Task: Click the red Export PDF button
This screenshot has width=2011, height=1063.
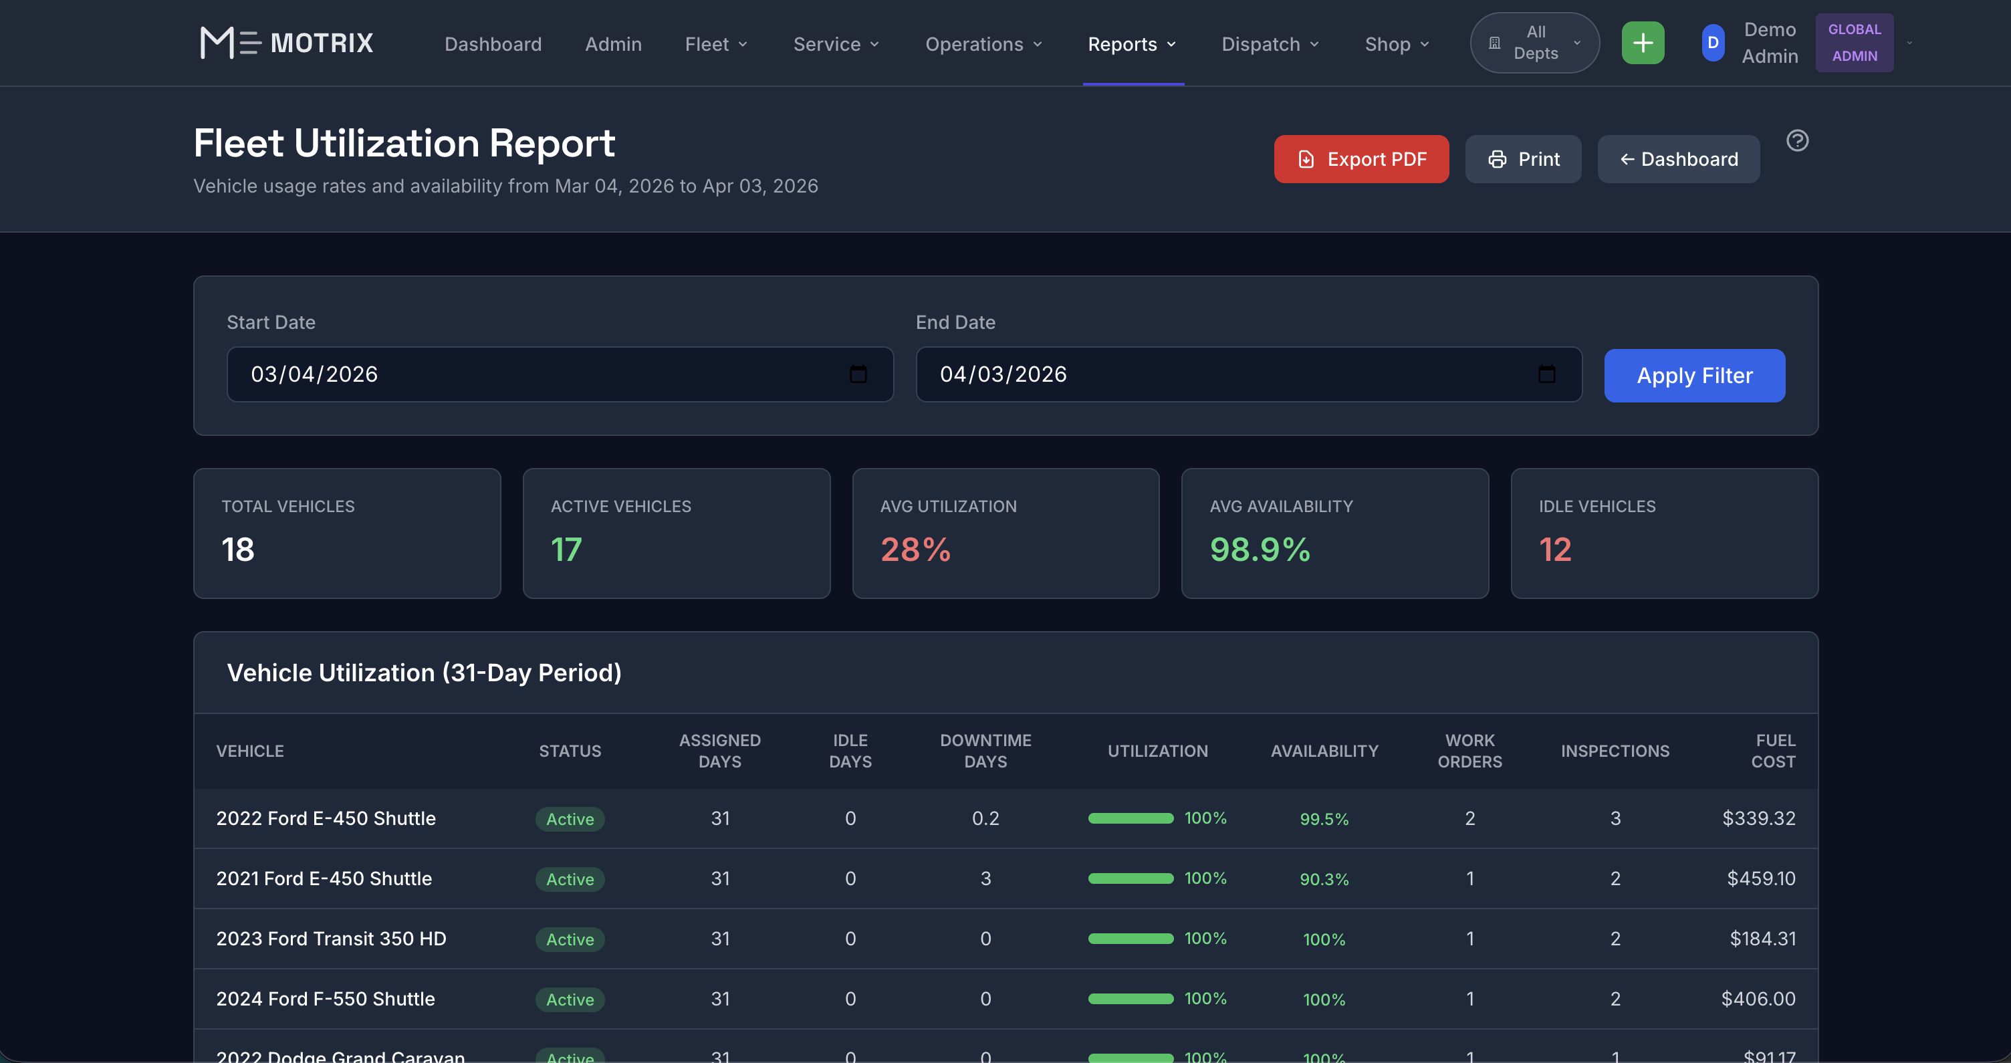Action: tap(1361, 159)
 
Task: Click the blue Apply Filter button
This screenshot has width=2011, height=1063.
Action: tap(1694, 376)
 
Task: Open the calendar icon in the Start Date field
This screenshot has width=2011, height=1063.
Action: tap(858, 374)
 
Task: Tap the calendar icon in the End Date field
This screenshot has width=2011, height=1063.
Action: tap(1546, 374)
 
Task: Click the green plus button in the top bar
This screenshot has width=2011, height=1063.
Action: tap(1643, 43)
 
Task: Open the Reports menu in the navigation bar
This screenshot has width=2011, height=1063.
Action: tap(1131, 45)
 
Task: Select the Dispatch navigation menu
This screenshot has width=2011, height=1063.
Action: tap(1270, 45)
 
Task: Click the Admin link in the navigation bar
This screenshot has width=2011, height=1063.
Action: tap(613, 45)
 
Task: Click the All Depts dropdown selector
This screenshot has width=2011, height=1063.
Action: tap(1534, 43)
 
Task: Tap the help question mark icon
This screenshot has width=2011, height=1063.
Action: tap(1797, 140)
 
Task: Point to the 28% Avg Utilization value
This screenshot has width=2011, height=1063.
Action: tap(915, 550)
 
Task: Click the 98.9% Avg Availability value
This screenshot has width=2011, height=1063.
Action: tap(1260, 550)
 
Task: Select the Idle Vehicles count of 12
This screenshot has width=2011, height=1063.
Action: tap(1554, 550)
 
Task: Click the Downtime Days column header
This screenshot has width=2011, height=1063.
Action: tap(985, 751)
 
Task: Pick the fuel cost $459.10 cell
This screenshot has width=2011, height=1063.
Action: tap(1760, 878)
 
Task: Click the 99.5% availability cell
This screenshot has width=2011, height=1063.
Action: tap(1324, 819)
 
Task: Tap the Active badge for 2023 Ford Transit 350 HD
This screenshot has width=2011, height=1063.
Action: tap(570, 939)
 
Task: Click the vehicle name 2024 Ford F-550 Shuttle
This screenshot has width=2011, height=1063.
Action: tap(326, 999)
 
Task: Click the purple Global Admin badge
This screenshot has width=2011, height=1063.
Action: tap(1854, 43)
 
